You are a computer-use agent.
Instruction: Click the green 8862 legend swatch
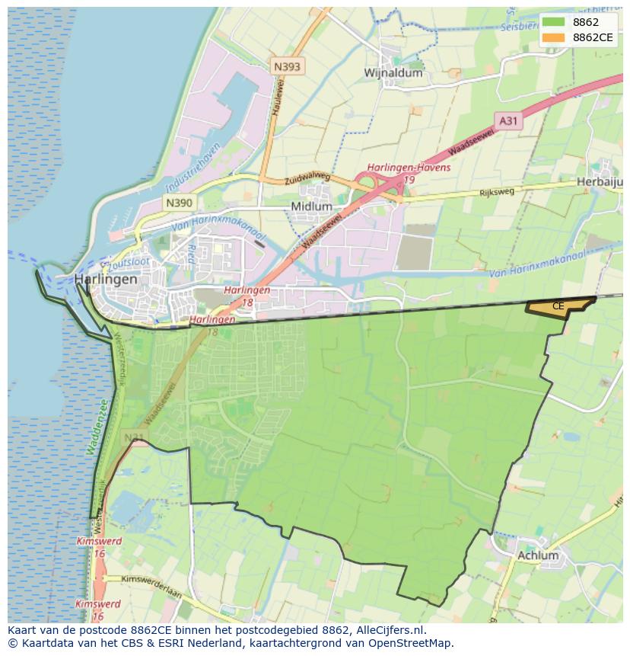pos(554,22)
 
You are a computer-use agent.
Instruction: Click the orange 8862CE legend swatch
pos(554,37)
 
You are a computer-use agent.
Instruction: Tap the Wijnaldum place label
pos(393,73)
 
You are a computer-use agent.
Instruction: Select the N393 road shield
pos(287,67)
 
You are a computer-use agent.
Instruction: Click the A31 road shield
pos(508,120)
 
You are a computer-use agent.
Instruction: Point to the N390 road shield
pos(179,203)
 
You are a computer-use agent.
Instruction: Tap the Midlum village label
pos(311,206)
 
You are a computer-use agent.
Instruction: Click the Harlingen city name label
pos(106,280)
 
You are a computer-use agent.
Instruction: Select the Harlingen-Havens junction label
pos(409,168)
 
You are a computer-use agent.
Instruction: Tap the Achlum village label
pos(537,555)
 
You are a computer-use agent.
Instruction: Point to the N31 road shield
pos(134,437)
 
